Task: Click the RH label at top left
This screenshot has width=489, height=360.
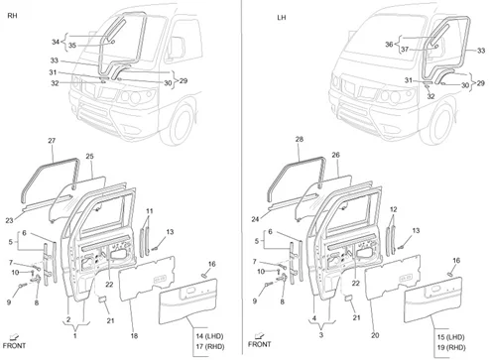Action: click(12, 16)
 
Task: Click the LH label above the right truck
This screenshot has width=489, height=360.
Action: click(282, 18)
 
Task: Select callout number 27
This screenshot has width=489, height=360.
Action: click(52, 141)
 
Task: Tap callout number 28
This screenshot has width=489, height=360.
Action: click(300, 140)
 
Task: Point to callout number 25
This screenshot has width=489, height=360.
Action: click(89, 156)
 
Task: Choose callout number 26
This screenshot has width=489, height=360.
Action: click(335, 155)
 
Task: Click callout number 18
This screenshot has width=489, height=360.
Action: click(134, 336)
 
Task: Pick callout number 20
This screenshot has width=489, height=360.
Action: click(375, 335)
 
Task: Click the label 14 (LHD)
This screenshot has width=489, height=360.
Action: click(209, 336)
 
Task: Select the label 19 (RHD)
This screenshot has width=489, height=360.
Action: click(451, 347)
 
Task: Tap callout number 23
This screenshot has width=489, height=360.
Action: click(9, 220)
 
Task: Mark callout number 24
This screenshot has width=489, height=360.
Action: click(255, 219)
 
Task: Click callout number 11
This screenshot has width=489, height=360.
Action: click(150, 211)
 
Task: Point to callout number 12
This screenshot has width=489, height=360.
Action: click(394, 209)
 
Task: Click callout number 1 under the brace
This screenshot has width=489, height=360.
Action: click(75, 336)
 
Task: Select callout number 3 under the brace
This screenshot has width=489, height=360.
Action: click(321, 335)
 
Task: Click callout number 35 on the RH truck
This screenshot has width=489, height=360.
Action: click(72, 46)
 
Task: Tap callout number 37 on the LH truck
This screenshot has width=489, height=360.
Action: click(405, 50)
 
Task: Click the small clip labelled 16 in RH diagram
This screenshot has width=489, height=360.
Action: click(204, 276)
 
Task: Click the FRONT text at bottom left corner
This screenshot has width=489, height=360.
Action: click(14, 346)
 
